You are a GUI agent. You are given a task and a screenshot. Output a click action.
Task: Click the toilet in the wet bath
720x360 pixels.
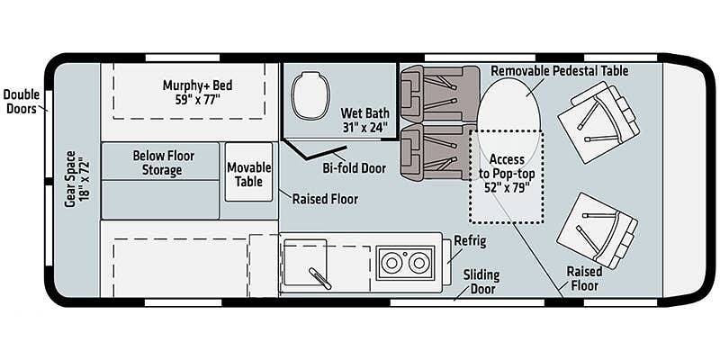pos(310,95)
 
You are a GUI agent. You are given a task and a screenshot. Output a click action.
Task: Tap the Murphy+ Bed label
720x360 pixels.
pos(197,85)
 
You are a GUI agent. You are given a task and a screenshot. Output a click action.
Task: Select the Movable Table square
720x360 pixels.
pos(249,172)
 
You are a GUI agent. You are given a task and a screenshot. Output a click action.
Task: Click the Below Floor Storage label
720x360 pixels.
pos(164,163)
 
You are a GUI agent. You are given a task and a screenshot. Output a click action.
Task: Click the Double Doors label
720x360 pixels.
pos(21,102)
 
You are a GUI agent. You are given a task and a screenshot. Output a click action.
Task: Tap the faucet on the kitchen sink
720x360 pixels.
pos(319,278)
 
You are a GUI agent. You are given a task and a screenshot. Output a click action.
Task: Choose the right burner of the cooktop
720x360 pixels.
pos(418,263)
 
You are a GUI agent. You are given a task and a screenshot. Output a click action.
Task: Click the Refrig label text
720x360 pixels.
pos(470,241)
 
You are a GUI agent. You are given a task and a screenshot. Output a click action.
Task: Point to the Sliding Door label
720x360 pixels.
pos(481,282)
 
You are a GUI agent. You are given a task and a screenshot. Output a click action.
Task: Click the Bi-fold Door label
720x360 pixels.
pos(354,168)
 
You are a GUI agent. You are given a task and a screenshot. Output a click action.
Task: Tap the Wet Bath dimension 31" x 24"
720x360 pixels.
pos(365,127)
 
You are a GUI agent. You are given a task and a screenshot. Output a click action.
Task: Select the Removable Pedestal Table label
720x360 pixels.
pos(559,71)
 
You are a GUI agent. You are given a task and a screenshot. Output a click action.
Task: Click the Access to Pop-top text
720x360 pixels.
pos(507,166)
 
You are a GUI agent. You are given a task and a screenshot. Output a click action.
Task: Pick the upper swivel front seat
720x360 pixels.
pos(598,122)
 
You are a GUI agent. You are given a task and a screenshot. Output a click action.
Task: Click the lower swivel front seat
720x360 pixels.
pos(597,230)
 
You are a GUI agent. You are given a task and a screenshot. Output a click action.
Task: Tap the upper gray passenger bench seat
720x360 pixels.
pos(439,94)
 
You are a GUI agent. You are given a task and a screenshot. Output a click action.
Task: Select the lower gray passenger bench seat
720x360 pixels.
pos(438,152)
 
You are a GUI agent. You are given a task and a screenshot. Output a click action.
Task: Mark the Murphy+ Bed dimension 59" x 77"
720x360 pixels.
pos(197,99)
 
